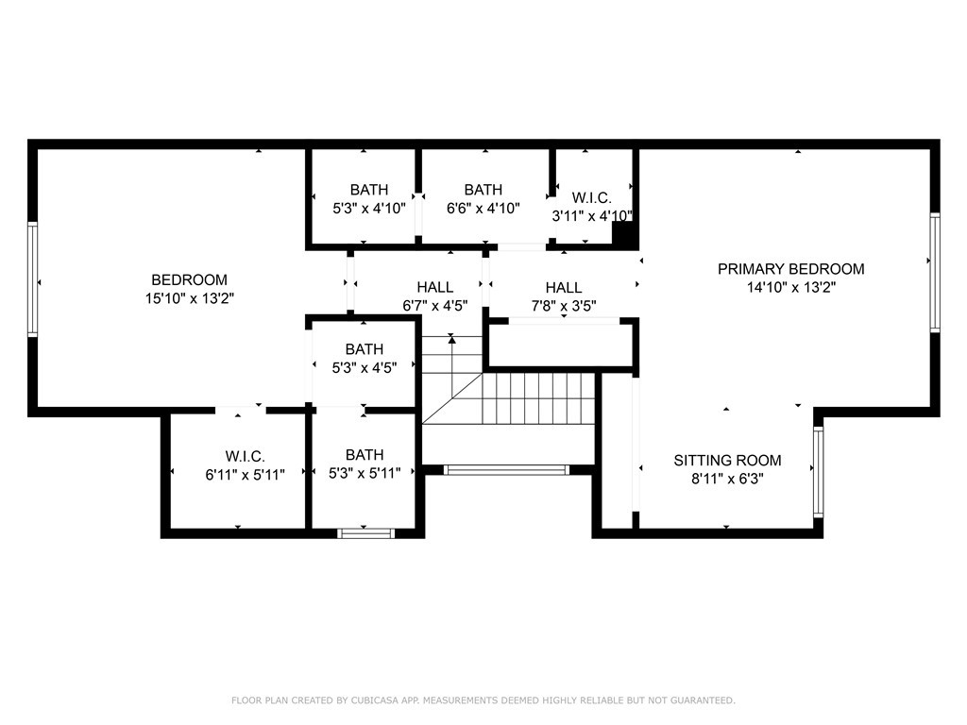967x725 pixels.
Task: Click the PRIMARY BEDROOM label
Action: [790, 269]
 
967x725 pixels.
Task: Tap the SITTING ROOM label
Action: [727, 461]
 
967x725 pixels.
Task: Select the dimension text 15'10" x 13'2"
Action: [189, 299]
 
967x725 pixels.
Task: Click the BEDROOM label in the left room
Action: [189, 279]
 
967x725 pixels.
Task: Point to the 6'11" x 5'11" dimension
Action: [245, 475]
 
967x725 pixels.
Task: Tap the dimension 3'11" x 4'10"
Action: [592, 216]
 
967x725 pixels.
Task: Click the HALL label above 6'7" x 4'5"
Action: [434, 287]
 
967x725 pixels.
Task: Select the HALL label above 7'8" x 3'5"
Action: [564, 287]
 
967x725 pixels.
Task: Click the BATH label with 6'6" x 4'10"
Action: [483, 189]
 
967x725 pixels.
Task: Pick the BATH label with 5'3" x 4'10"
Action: [369, 189]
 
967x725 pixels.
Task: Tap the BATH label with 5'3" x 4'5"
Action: [364, 349]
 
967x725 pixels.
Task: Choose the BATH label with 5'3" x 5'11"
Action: [364, 455]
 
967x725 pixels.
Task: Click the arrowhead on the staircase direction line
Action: [452, 339]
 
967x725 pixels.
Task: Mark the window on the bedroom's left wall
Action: [33, 279]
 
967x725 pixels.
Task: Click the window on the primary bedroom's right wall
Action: [935, 273]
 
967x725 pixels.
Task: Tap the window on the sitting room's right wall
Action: [819, 472]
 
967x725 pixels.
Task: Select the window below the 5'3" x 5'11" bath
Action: [365, 533]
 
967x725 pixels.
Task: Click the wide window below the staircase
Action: [506, 470]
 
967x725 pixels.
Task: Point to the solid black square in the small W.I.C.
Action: [624, 235]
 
